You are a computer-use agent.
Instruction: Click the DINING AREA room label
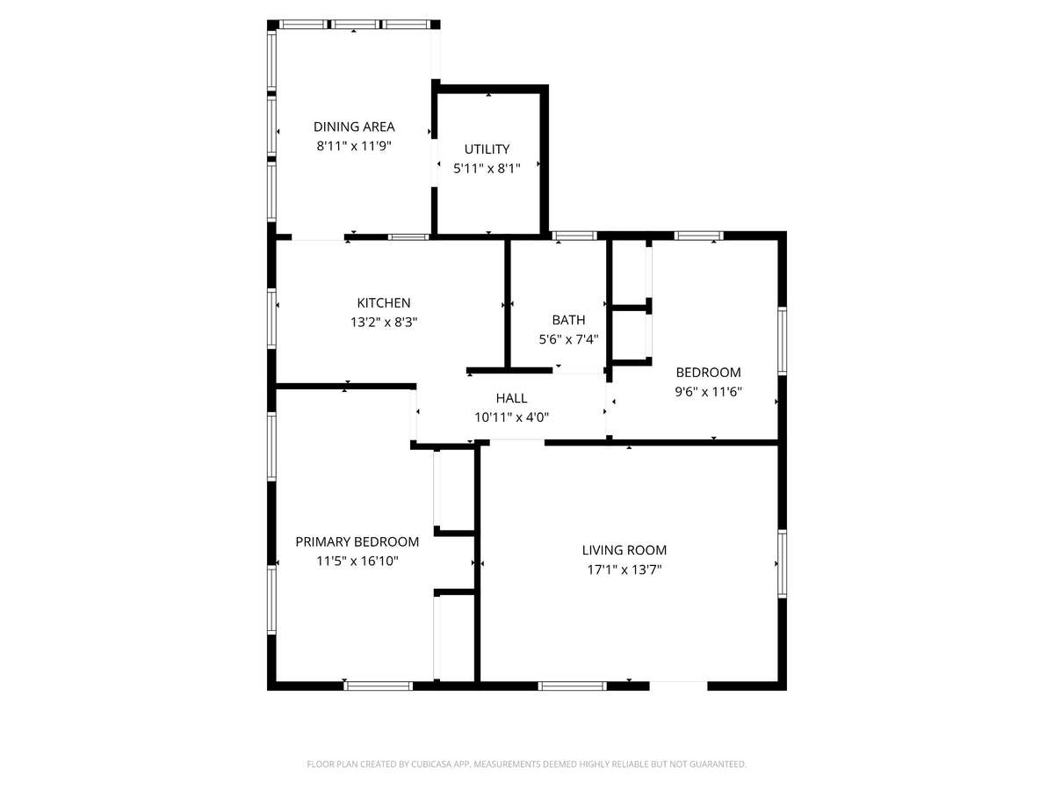pos(354,127)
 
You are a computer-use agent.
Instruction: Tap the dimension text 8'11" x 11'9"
pos(354,146)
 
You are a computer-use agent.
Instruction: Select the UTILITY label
pos(487,149)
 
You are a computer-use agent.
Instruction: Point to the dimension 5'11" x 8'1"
pos(487,169)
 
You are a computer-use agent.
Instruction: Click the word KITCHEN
pos(384,303)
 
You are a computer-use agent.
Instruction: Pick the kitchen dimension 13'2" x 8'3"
pos(384,323)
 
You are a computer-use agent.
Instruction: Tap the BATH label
pos(568,320)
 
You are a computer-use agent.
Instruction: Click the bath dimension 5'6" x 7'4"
pos(568,339)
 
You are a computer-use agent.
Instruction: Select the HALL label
pos(511,398)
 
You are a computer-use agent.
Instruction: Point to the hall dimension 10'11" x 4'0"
pos(511,417)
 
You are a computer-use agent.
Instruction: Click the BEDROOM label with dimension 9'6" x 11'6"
pos(708,372)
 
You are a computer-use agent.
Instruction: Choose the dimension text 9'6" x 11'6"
pos(708,392)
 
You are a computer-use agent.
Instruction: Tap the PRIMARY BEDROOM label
pos(357,541)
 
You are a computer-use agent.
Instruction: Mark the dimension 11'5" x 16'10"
pos(357,561)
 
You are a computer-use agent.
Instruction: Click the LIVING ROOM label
pos(624,550)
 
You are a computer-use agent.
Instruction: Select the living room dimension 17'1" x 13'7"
pos(624,570)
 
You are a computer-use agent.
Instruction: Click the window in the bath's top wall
pos(574,236)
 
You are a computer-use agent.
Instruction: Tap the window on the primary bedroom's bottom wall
pos(379,686)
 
